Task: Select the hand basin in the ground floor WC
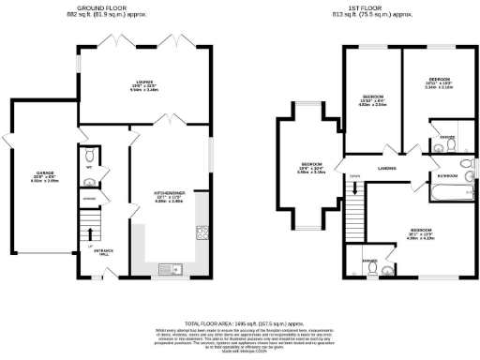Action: pyautogui.click(x=86, y=182)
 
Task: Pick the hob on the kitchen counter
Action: pyautogui.click(x=201, y=232)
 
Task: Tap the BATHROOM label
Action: pyautogui.click(x=446, y=175)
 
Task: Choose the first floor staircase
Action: pyautogui.click(x=356, y=200)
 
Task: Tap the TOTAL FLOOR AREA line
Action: pyautogui.click(x=240, y=322)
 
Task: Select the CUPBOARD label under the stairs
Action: pyautogui.click(x=88, y=200)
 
